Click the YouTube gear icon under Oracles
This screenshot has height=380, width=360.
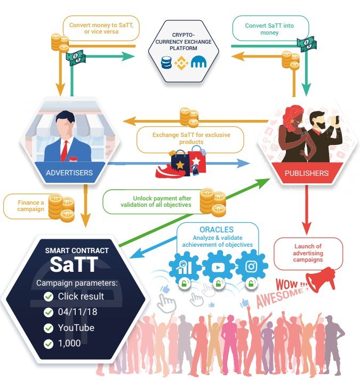(218, 267)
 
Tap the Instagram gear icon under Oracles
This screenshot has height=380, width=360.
(252, 267)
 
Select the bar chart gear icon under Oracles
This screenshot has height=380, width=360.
(185, 267)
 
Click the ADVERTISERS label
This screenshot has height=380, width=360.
(70, 173)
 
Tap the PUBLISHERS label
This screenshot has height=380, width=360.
(307, 173)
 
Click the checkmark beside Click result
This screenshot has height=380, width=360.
(49, 297)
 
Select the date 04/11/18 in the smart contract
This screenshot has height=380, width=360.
(77, 312)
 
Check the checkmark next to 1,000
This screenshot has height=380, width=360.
(49, 344)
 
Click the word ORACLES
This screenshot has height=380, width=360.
(217, 230)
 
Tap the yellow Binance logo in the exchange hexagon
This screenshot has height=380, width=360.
(181, 63)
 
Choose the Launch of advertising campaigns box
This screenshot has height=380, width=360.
(308, 253)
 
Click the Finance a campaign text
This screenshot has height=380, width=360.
(30, 206)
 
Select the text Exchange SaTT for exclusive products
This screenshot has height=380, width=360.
(191, 139)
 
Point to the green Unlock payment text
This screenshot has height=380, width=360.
(156, 201)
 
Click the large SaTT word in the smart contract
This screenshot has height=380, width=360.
(74, 264)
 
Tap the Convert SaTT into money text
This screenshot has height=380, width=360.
(269, 29)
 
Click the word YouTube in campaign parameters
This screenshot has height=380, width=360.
(76, 328)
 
